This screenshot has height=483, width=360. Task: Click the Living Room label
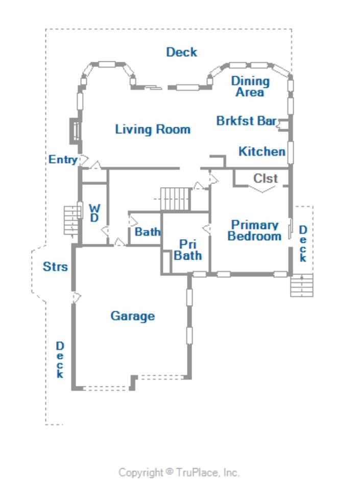(x=153, y=129)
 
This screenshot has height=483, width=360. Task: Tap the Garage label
(x=133, y=316)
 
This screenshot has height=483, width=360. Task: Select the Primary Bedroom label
(x=254, y=231)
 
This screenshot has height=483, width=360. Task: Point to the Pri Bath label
(x=188, y=250)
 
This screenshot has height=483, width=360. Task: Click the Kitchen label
(x=262, y=152)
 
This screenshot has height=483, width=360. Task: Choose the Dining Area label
(x=250, y=86)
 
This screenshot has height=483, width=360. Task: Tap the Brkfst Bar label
(x=247, y=121)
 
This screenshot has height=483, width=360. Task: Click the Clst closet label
(x=266, y=178)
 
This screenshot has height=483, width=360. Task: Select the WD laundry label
(x=94, y=213)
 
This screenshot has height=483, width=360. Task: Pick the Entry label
(x=63, y=159)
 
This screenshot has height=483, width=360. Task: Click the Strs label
(x=55, y=267)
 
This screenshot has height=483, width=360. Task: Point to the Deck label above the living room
(x=182, y=52)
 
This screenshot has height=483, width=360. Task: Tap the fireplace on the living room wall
(x=75, y=131)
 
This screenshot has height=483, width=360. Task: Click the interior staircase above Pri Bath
(x=175, y=199)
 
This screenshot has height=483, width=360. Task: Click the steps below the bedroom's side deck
(x=302, y=285)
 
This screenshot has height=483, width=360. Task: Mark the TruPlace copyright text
(x=179, y=473)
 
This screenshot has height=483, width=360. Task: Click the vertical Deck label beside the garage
(x=60, y=360)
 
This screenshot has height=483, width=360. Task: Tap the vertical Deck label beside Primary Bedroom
(x=303, y=244)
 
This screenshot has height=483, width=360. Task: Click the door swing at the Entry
(x=84, y=160)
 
